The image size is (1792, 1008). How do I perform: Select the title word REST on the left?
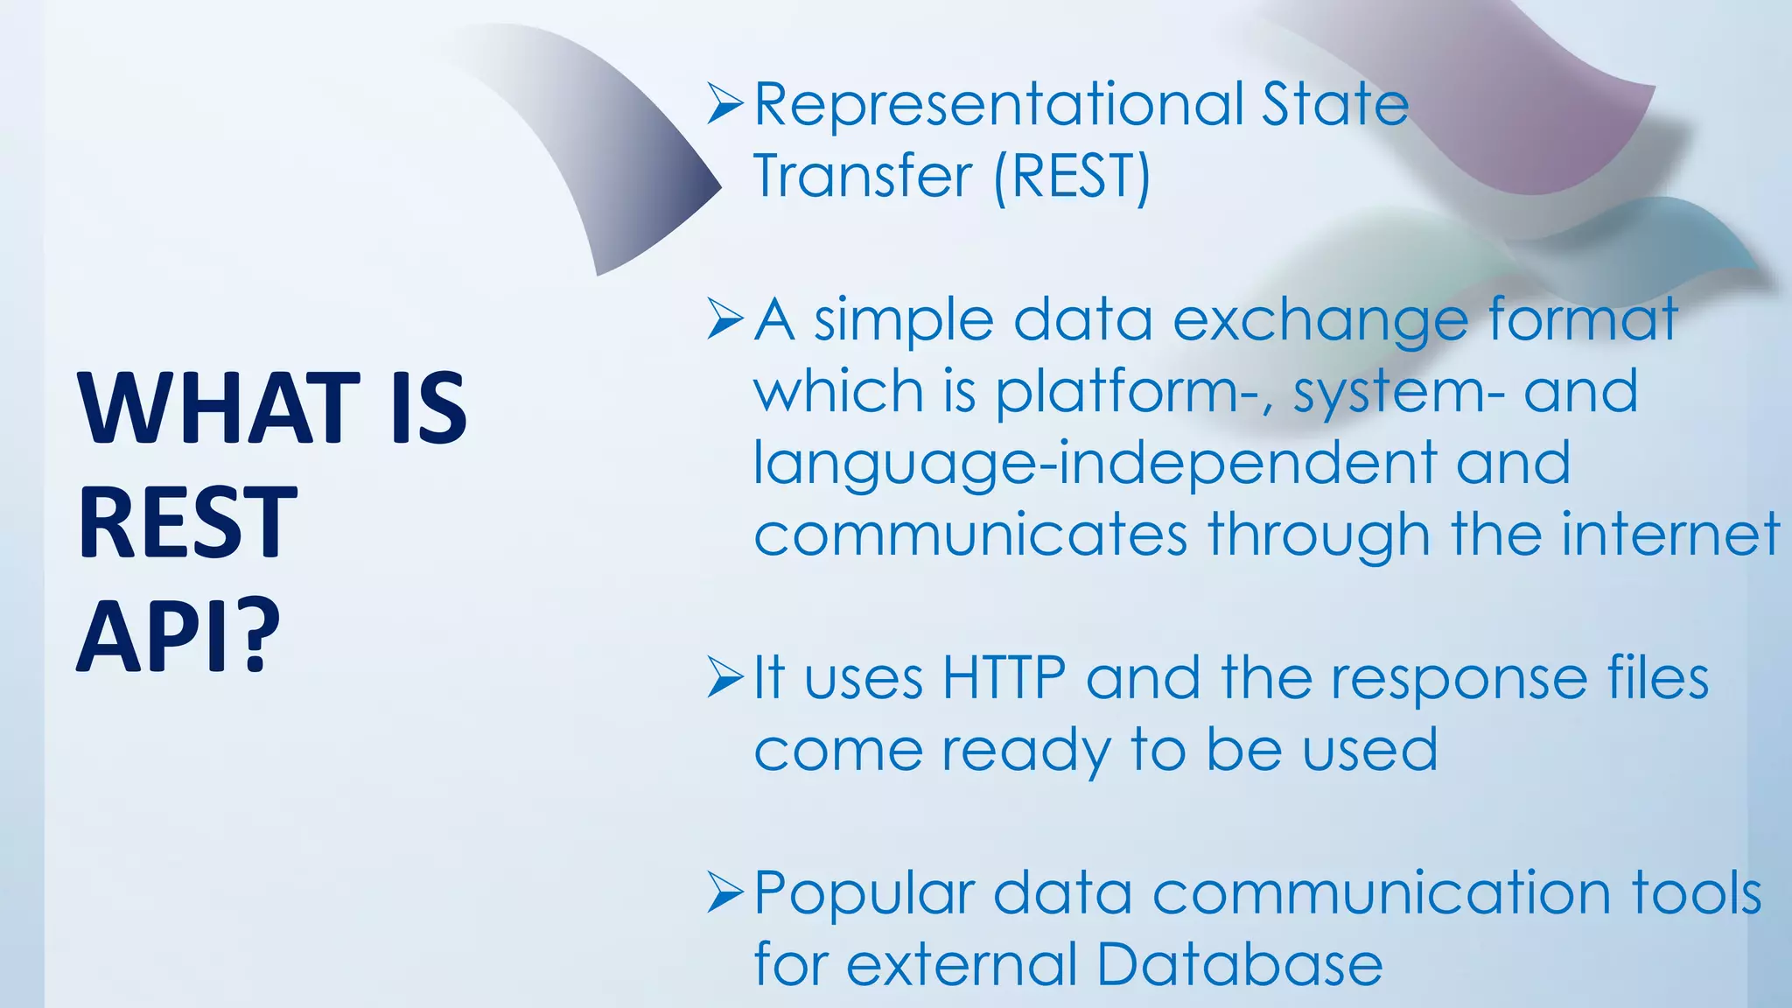[x=187, y=522]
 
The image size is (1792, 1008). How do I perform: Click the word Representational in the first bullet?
[x=998, y=105]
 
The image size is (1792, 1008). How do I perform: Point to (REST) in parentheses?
[x=1072, y=177]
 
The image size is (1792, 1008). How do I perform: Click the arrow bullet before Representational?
[x=724, y=104]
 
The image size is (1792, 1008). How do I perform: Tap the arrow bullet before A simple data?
[x=724, y=319]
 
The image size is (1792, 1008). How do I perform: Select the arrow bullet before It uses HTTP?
[x=724, y=678]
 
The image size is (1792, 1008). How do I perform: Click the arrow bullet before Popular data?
[x=724, y=893]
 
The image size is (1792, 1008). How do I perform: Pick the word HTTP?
[x=1004, y=678]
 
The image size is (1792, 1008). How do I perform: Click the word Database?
[x=1239, y=965]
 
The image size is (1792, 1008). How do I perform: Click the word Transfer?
[x=862, y=177]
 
